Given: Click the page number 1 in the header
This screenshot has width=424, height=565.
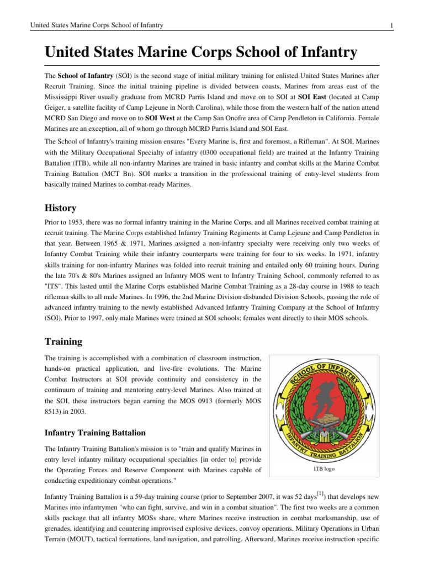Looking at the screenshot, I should pos(391,25).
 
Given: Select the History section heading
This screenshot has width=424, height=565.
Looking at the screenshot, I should pos(60,208).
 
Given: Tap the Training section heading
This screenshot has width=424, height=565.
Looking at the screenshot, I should pos(63,342).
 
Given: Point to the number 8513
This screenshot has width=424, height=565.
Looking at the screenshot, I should pos(53,411).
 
